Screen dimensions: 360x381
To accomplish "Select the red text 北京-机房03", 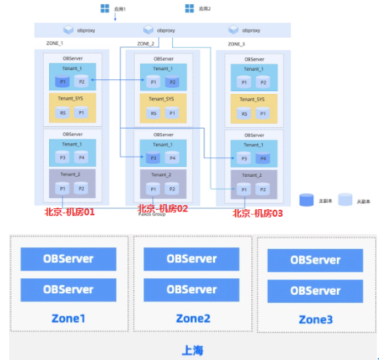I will (x=258, y=213).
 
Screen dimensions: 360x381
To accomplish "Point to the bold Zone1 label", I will (x=69, y=318).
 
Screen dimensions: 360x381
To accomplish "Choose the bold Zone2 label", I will (x=193, y=318).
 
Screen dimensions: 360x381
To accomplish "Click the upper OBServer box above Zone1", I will (x=68, y=259).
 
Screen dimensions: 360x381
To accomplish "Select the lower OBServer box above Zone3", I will (x=315, y=290).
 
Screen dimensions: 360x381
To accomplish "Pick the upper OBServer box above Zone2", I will (x=191, y=259).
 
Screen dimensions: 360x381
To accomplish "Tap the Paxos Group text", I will (x=151, y=214).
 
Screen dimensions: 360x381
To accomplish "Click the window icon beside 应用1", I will (x=105, y=8).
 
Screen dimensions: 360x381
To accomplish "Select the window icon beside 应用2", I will (x=189, y=8).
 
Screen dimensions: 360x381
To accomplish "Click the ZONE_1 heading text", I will (x=54, y=43).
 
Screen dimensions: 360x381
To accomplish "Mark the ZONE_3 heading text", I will (x=236, y=43).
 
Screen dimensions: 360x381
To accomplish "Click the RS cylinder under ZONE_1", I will (x=62, y=113).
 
